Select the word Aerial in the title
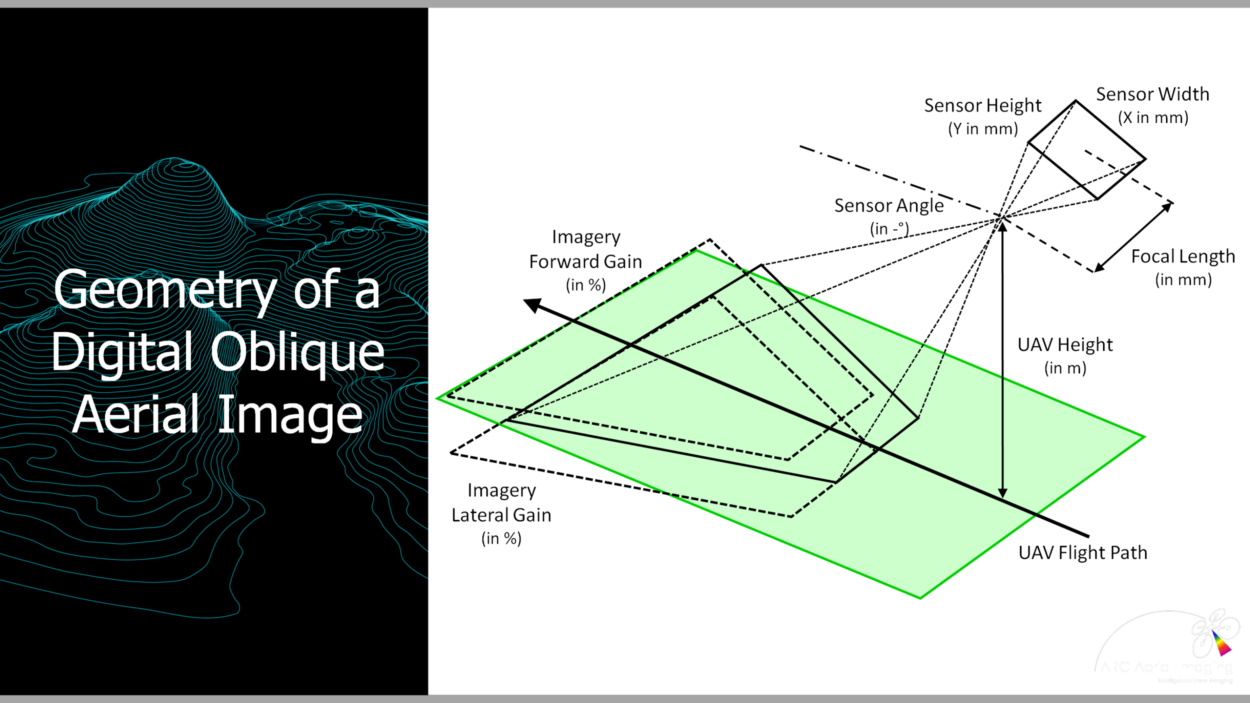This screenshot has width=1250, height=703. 136,414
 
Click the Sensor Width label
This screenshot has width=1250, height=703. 1152,94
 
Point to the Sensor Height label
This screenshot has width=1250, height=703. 982,105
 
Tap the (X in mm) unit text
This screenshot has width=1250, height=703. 1153,117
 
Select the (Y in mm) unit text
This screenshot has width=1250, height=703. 983,129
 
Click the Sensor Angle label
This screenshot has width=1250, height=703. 889,205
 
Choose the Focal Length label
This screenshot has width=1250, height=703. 1183,256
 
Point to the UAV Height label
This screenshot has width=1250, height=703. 1065,345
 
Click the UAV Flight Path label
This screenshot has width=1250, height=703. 1083,552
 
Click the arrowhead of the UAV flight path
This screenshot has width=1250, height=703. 531,304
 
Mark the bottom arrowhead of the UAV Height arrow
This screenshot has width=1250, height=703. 1002,493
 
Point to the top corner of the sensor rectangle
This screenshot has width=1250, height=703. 1075,101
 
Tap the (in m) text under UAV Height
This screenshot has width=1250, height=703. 1065,368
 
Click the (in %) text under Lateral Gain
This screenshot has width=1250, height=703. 501,538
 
